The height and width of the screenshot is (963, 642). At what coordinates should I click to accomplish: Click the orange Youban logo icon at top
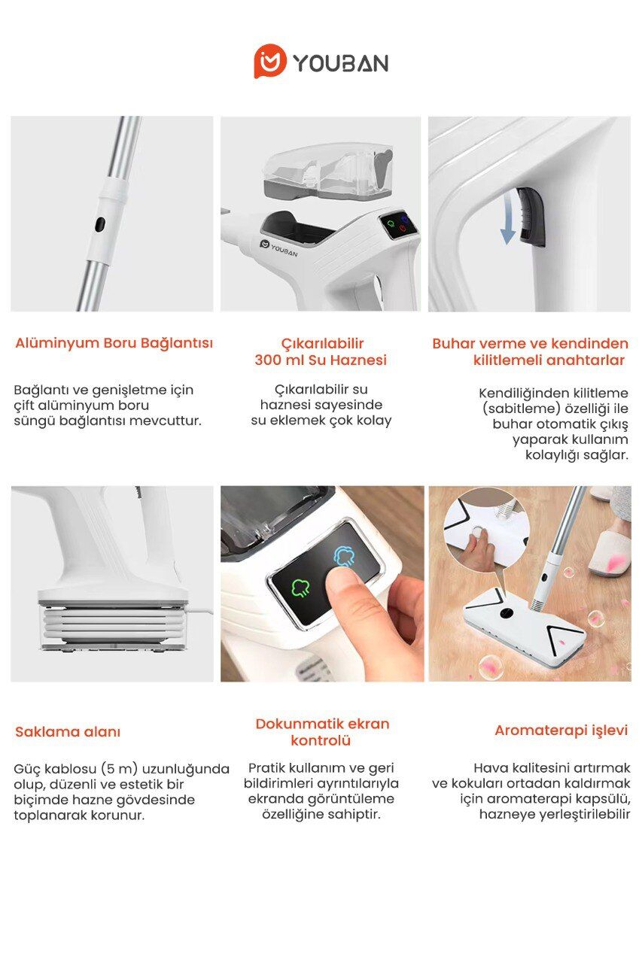pyautogui.click(x=269, y=61)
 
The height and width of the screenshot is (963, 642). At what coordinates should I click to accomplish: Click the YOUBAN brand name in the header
pyautogui.click(x=341, y=62)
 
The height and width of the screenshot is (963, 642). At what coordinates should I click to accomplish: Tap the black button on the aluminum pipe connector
pyautogui.click(x=100, y=223)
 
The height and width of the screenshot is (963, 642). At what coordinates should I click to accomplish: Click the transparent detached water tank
pyautogui.click(x=327, y=170)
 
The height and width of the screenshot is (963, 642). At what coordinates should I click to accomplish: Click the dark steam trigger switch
pyautogui.click(x=531, y=217)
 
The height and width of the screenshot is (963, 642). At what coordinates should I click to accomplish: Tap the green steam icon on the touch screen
pyautogui.click(x=300, y=588)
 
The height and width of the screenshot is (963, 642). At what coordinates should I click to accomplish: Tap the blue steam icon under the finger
pyautogui.click(x=344, y=556)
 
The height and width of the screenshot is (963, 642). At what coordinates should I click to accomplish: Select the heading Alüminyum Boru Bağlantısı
pyautogui.click(x=114, y=343)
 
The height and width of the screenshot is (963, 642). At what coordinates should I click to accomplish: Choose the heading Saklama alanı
pyautogui.click(x=68, y=732)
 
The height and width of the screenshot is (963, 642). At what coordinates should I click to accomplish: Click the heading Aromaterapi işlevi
pyautogui.click(x=561, y=730)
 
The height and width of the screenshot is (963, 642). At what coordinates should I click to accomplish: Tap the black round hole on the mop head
pyautogui.click(x=506, y=612)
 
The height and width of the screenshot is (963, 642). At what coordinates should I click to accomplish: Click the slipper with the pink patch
pyautogui.click(x=610, y=554)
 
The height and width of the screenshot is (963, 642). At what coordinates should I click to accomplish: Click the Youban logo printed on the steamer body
pyautogui.click(x=278, y=248)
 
